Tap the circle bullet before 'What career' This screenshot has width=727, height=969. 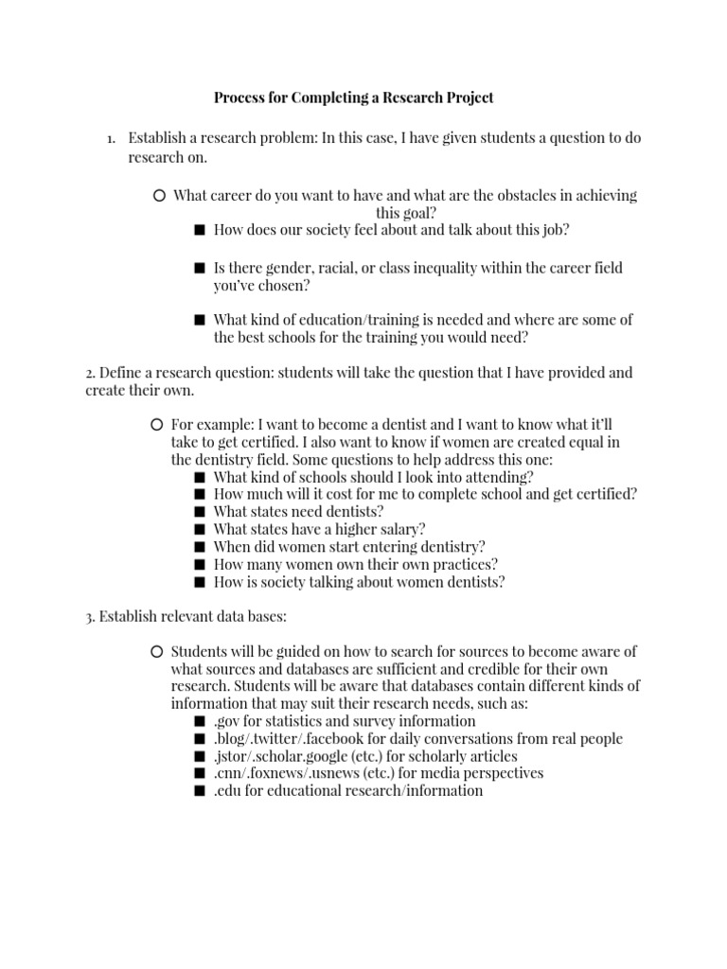point(158,196)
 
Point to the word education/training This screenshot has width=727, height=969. point(340,320)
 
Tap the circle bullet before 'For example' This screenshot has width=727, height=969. point(157,425)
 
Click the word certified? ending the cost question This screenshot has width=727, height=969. point(603,494)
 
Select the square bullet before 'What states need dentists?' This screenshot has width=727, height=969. point(199,512)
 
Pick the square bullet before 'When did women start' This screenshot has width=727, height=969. point(199,547)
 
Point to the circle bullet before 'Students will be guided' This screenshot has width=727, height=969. point(157,652)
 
